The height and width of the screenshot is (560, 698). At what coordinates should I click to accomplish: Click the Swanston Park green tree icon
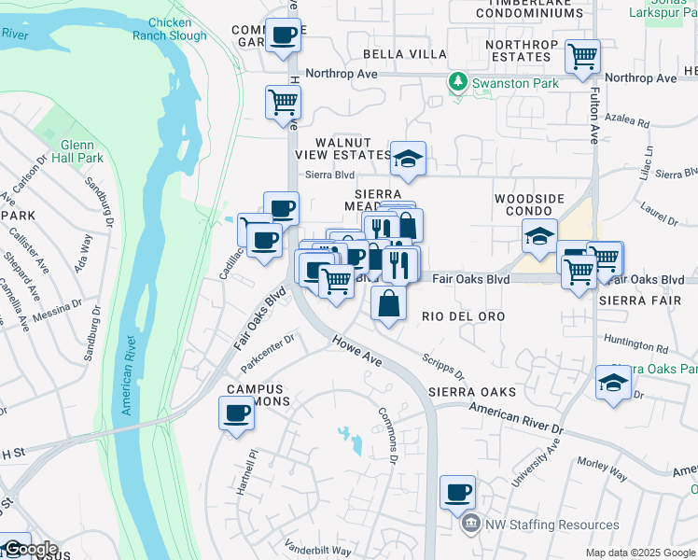point(457,83)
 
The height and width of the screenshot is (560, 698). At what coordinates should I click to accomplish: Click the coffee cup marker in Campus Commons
point(236,413)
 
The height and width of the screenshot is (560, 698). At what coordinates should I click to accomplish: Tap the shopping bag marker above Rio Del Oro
point(388,303)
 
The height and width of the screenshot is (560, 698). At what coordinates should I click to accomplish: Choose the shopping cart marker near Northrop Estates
point(582,55)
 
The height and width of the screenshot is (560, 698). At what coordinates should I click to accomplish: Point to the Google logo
point(30,549)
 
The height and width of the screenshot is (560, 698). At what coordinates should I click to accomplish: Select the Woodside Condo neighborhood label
point(529,204)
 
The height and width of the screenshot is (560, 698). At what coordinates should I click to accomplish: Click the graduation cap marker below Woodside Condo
point(539,236)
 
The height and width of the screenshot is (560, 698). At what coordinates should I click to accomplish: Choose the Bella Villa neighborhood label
point(405,54)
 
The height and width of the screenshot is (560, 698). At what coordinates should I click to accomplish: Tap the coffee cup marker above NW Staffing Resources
point(457,492)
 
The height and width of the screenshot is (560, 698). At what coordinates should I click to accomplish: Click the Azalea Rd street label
point(625,121)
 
